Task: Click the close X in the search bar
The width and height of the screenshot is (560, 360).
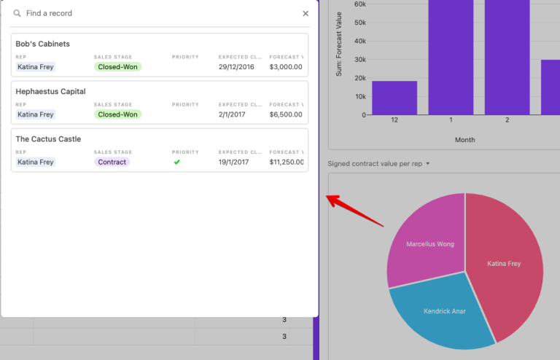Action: click(x=306, y=13)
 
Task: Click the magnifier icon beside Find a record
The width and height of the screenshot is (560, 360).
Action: click(x=17, y=13)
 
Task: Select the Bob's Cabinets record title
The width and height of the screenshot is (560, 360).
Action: click(x=42, y=44)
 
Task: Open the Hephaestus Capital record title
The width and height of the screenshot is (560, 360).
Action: click(x=50, y=92)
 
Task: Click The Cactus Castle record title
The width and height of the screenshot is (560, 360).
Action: click(x=48, y=139)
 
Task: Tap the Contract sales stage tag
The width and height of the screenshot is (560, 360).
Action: click(x=112, y=162)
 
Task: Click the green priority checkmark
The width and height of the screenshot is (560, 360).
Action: click(x=176, y=162)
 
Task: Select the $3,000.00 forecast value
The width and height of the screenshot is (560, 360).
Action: click(x=285, y=67)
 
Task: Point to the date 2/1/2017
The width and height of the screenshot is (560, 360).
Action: click(x=231, y=114)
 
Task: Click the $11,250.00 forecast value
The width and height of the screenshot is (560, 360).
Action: click(x=286, y=162)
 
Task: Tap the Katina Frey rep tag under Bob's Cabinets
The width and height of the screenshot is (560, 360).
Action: click(x=36, y=67)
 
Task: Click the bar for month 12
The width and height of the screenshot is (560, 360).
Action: click(x=394, y=98)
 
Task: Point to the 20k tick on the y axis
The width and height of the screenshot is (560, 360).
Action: click(x=359, y=78)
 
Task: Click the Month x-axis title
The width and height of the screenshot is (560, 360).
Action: click(x=464, y=140)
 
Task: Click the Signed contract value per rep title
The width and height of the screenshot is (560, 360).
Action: click(x=375, y=164)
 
